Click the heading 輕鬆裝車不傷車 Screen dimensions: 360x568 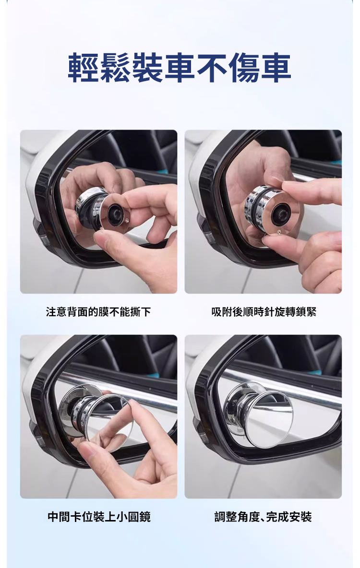coord(180,67)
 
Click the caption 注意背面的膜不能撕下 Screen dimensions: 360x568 coord(98,311)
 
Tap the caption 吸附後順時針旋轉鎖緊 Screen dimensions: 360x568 coord(264,311)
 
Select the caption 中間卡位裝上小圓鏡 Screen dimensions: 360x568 coord(98,517)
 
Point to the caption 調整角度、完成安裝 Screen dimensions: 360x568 coord(263,517)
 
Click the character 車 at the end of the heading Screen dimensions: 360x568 coord(276,67)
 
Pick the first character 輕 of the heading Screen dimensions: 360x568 coord(83,67)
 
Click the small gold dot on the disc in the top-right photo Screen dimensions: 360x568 coord(278,231)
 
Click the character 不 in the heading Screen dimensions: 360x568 coord(211,67)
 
